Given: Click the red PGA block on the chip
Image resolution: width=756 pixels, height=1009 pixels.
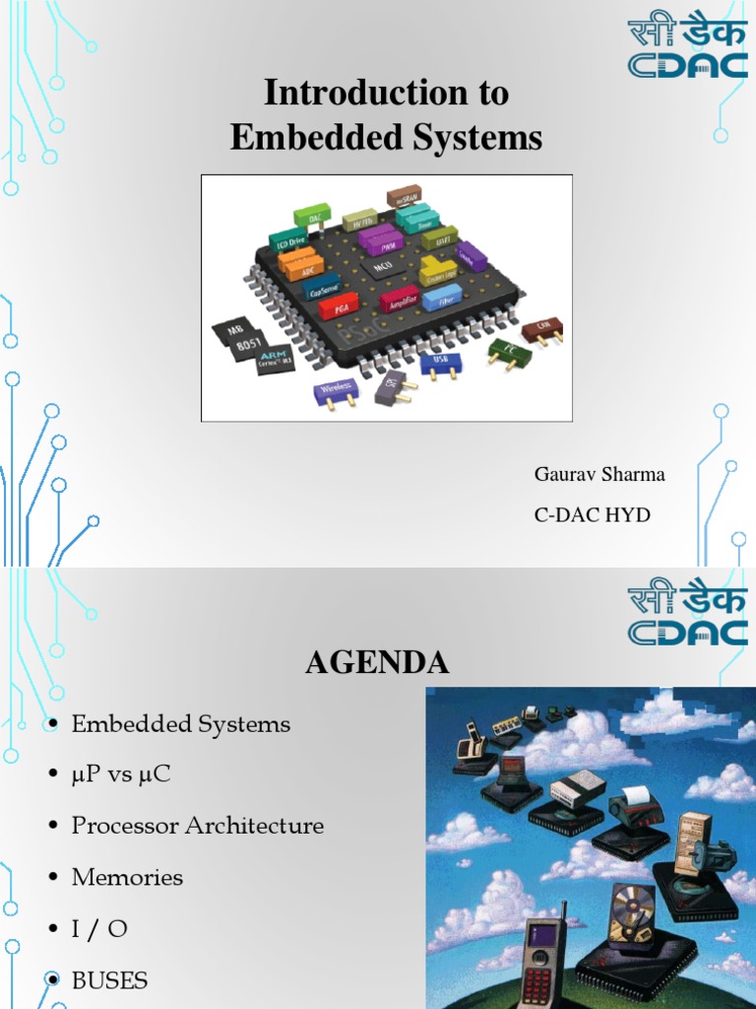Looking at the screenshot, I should [x=337, y=306].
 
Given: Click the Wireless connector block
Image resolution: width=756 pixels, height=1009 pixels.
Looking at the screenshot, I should [x=336, y=391].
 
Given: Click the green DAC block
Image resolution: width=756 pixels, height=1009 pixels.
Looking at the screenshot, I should [x=312, y=218].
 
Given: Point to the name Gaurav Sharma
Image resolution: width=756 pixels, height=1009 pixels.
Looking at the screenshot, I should [x=599, y=475].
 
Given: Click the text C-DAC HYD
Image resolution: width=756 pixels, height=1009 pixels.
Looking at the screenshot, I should [x=592, y=515].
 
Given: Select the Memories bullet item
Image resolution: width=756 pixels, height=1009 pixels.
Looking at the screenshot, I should [x=127, y=877].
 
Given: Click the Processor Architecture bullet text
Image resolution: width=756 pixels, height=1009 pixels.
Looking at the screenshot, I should [x=197, y=826].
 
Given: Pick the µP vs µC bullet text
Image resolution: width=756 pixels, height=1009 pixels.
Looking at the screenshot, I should [x=121, y=774].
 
